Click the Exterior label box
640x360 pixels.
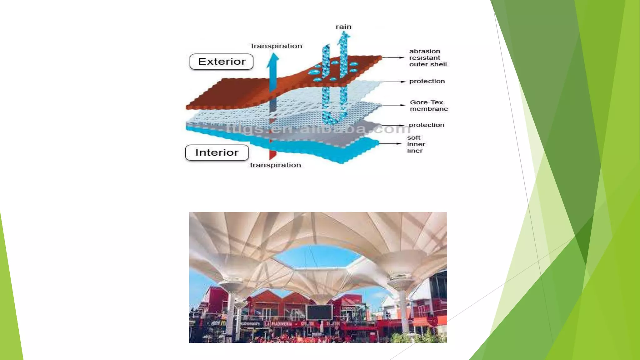[x=222, y=62]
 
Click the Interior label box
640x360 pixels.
[x=217, y=152]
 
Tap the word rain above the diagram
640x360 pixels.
[x=343, y=27]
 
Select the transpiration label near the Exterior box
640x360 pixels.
[x=277, y=46]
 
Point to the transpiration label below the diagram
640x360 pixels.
[x=275, y=165]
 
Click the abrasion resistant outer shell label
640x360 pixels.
[x=428, y=58]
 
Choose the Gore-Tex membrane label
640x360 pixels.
[x=429, y=106]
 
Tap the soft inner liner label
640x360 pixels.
[x=416, y=144]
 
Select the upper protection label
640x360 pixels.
[x=427, y=81]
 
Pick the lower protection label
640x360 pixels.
[x=426, y=125]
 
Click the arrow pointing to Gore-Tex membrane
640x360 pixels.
[x=394, y=105]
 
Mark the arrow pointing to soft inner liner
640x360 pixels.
[x=390, y=144]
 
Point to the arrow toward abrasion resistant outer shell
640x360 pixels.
[x=393, y=57]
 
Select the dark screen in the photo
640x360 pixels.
[x=319, y=312]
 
